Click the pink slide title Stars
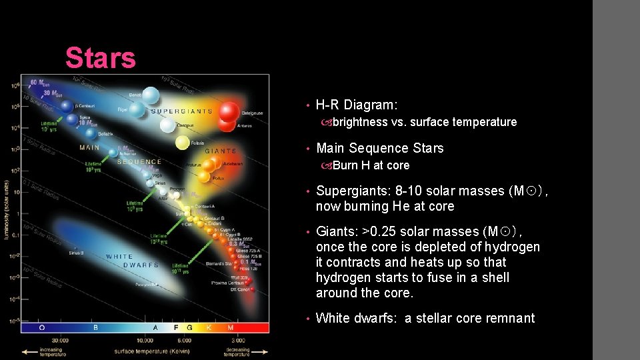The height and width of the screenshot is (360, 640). (x=101, y=58)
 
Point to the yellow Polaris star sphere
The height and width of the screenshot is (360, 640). (x=182, y=143)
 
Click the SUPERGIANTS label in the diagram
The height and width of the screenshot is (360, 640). (x=181, y=111)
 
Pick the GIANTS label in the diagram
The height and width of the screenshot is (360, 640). (x=221, y=151)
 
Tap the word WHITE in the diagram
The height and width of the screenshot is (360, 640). (x=119, y=257)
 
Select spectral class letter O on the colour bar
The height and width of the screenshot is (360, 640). (x=43, y=327)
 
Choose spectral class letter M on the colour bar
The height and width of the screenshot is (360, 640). (x=231, y=327)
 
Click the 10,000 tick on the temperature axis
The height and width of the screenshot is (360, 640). (x=145, y=340)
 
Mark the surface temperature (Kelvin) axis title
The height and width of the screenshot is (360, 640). (x=145, y=350)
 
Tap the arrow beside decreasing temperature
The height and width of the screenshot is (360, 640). (x=261, y=351)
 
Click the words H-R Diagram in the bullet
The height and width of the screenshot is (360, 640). (x=356, y=105)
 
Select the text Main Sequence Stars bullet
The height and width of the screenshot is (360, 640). (x=379, y=148)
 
